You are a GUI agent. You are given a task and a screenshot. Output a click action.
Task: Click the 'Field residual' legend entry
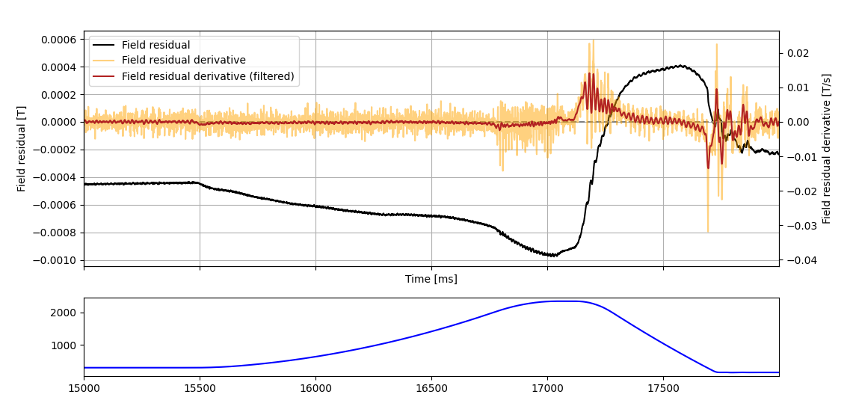tap(155, 45)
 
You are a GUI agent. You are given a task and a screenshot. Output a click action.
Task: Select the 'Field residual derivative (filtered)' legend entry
tap(208, 76)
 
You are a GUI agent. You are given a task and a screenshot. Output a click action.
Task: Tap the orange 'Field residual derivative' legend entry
tap(183, 61)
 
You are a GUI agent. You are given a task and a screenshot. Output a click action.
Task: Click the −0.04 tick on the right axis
tap(795, 260)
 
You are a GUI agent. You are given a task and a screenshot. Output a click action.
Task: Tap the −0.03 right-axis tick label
tap(795, 226)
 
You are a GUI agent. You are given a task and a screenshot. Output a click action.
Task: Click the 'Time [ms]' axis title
tap(431, 280)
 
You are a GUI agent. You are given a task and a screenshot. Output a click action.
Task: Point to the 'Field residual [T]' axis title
tap(22, 148)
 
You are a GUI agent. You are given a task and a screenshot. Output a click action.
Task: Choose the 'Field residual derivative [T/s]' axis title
tap(826, 148)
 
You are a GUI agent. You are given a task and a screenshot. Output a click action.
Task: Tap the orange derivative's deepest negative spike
tap(707, 232)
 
